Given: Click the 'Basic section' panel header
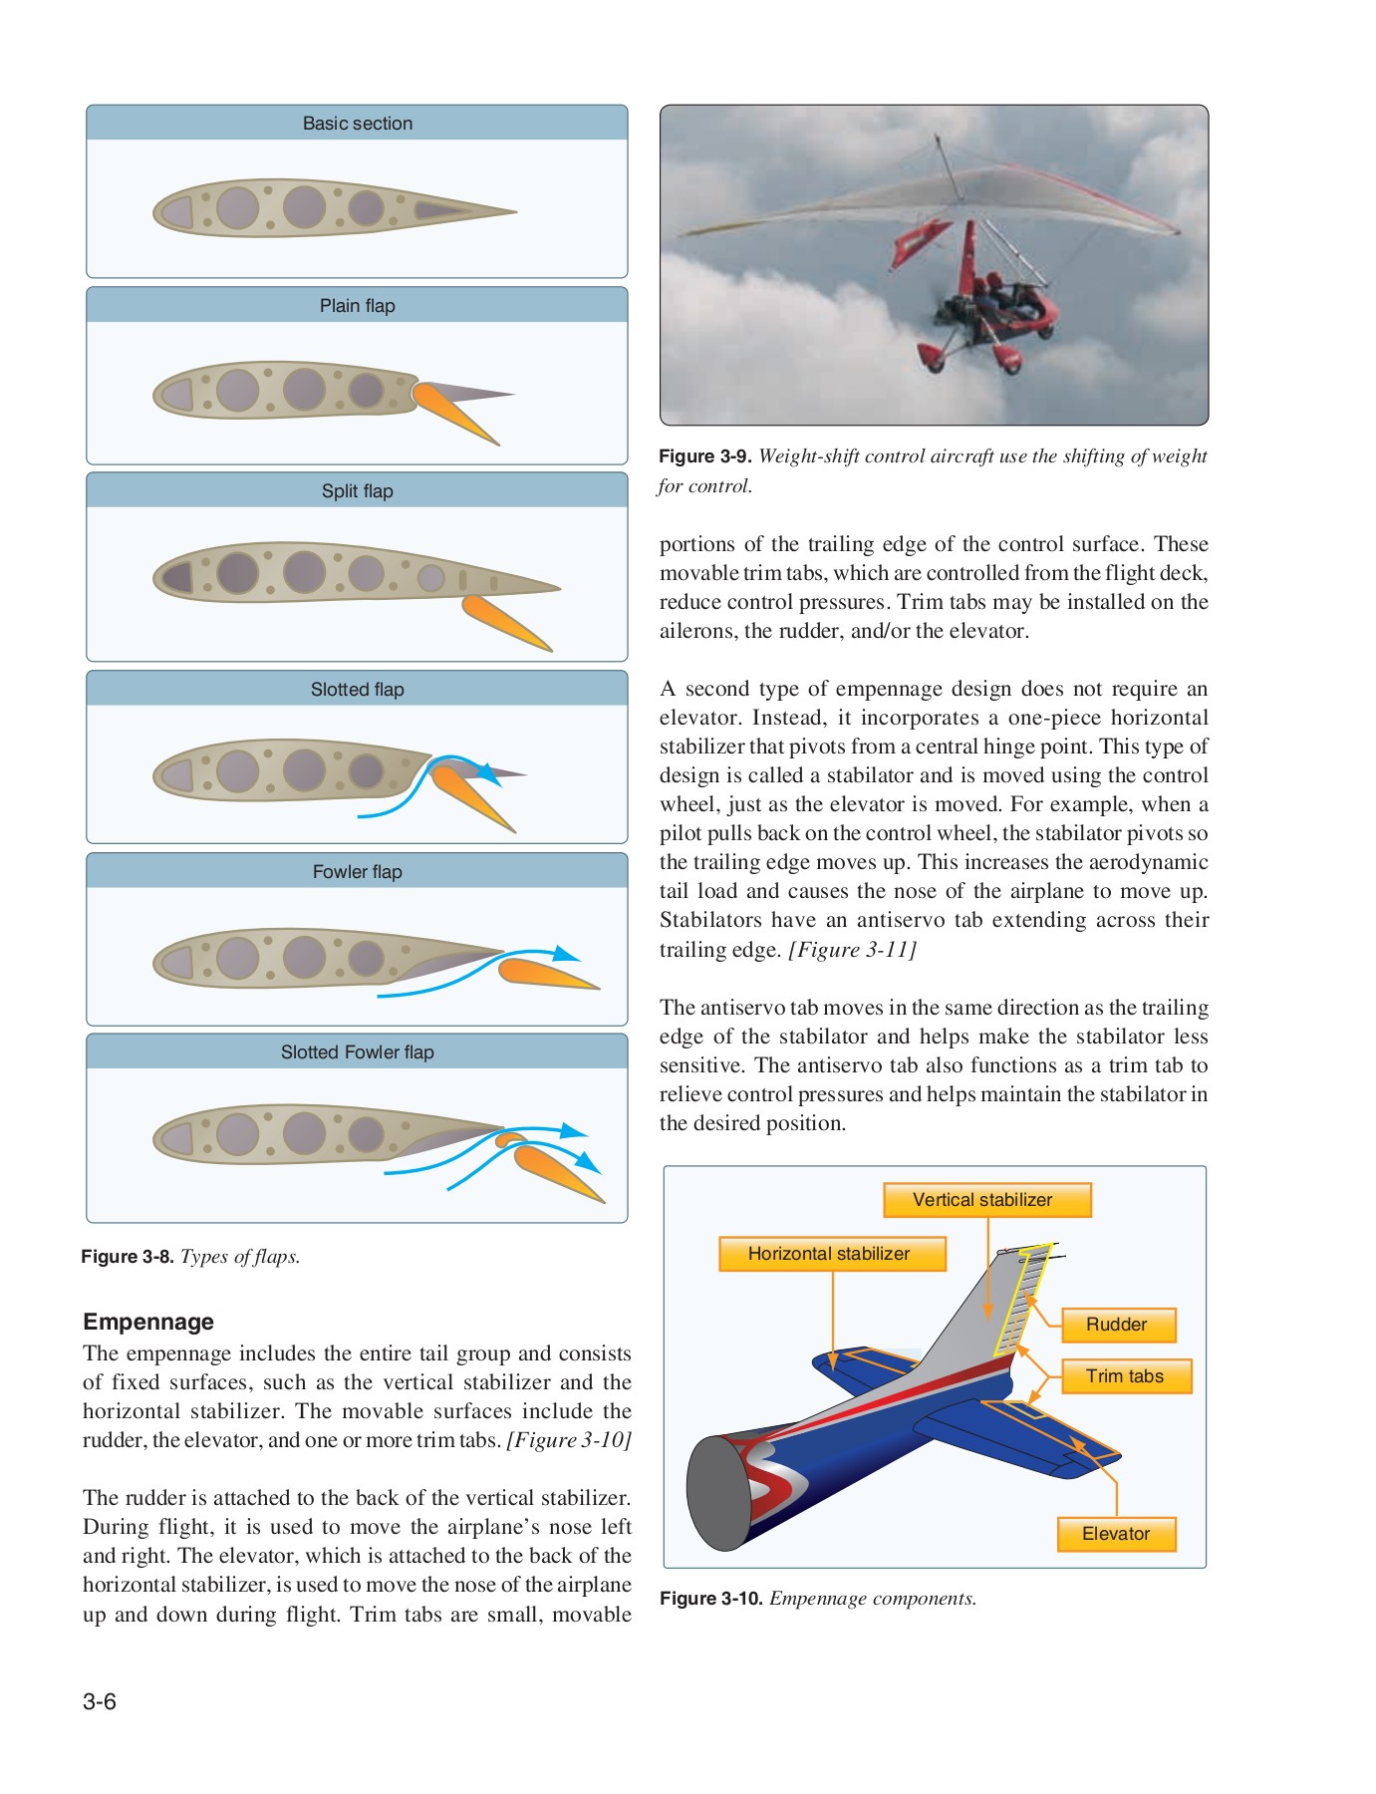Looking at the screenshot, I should pos(357,124).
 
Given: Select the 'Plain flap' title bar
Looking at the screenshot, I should pos(357,306).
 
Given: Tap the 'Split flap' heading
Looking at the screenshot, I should pos(357,491).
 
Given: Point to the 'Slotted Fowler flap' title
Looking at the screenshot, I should pos(357,1052).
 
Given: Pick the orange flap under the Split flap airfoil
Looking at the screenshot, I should pos(503,622).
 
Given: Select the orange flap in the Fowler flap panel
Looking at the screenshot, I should pos(543,974).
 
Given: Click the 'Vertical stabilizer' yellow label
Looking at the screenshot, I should pos(986,1200).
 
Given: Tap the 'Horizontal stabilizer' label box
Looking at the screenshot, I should pos(832,1254).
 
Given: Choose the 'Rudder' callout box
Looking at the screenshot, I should pos(1118,1325).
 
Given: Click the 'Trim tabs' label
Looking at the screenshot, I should pos(1125,1376).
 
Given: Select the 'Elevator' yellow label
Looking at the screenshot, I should pos(1116,1534).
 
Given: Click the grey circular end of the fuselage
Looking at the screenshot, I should pos(718,1493).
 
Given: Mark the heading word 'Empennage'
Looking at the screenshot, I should pos(148,1322).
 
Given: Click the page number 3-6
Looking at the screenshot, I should pos(100,1701).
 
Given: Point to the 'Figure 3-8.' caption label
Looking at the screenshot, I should pos(128,1257).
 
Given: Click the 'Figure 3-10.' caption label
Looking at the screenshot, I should pos(710,1599).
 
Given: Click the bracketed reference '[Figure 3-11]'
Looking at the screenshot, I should pos(853,949).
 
